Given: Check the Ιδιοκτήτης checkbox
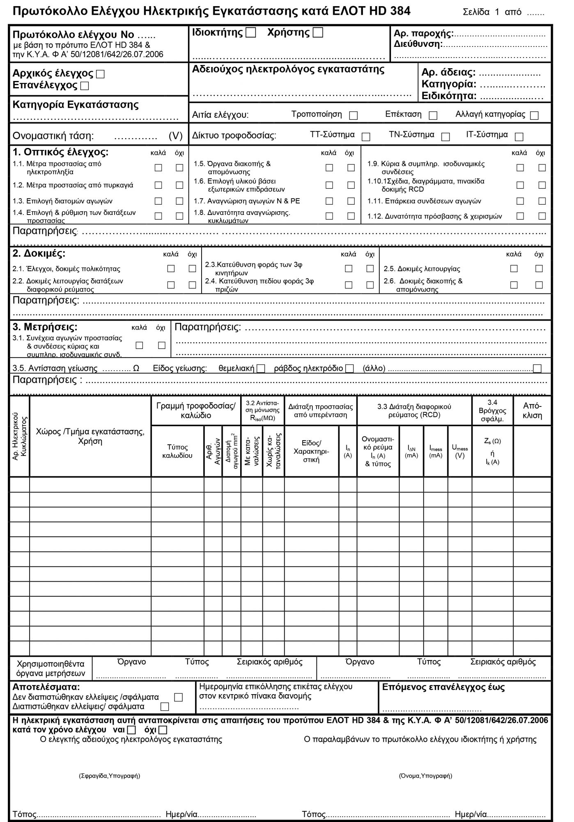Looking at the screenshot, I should (250, 33).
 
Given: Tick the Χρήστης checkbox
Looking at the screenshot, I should (318, 33).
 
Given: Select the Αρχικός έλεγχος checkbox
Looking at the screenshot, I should (100, 74).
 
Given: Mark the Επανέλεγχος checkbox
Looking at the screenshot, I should (85, 86).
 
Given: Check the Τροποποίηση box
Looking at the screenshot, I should (353, 115).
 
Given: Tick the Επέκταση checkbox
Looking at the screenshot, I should (433, 115).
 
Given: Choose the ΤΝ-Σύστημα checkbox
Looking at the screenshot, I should (445, 136).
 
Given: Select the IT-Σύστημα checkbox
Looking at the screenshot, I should (519, 136).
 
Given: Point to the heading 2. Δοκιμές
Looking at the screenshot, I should (39, 254).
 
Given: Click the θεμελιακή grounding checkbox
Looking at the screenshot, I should (260, 369).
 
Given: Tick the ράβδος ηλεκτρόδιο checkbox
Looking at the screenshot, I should (349, 369).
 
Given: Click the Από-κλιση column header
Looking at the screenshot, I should (532, 411).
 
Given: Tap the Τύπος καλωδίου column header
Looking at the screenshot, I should (177, 451).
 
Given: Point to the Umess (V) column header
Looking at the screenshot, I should (460, 451).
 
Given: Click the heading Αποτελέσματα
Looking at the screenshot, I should (46, 687).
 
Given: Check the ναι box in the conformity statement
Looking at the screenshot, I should (131, 730).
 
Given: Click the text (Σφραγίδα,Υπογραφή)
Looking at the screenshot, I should (109, 776).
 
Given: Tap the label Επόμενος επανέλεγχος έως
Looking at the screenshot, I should (443, 687).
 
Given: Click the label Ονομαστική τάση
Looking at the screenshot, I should (53, 136).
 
